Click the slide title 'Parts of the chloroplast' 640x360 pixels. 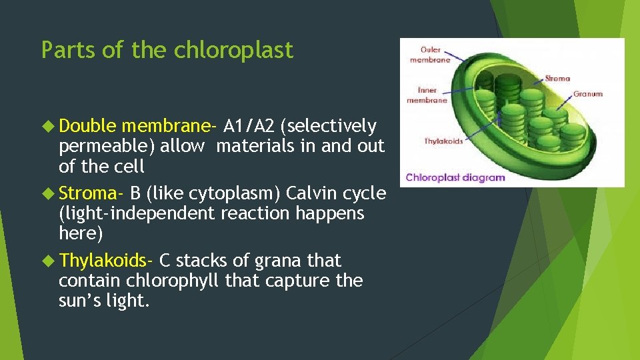click(167, 50)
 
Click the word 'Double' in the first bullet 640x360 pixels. click(87, 126)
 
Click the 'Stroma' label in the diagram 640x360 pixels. click(557, 78)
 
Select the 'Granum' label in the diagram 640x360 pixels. click(587, 94)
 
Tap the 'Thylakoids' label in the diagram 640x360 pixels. click(443, 141)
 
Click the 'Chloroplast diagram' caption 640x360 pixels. click(455, 177)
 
